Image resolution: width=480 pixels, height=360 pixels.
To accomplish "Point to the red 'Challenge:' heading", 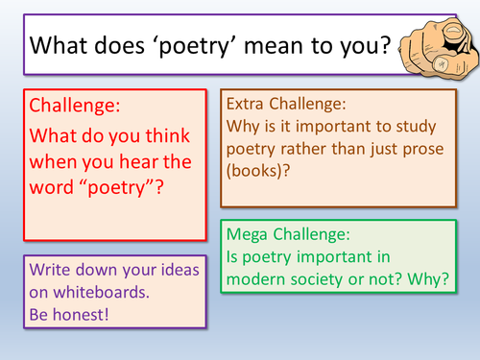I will pyautogui.click(x=73, y=106).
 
